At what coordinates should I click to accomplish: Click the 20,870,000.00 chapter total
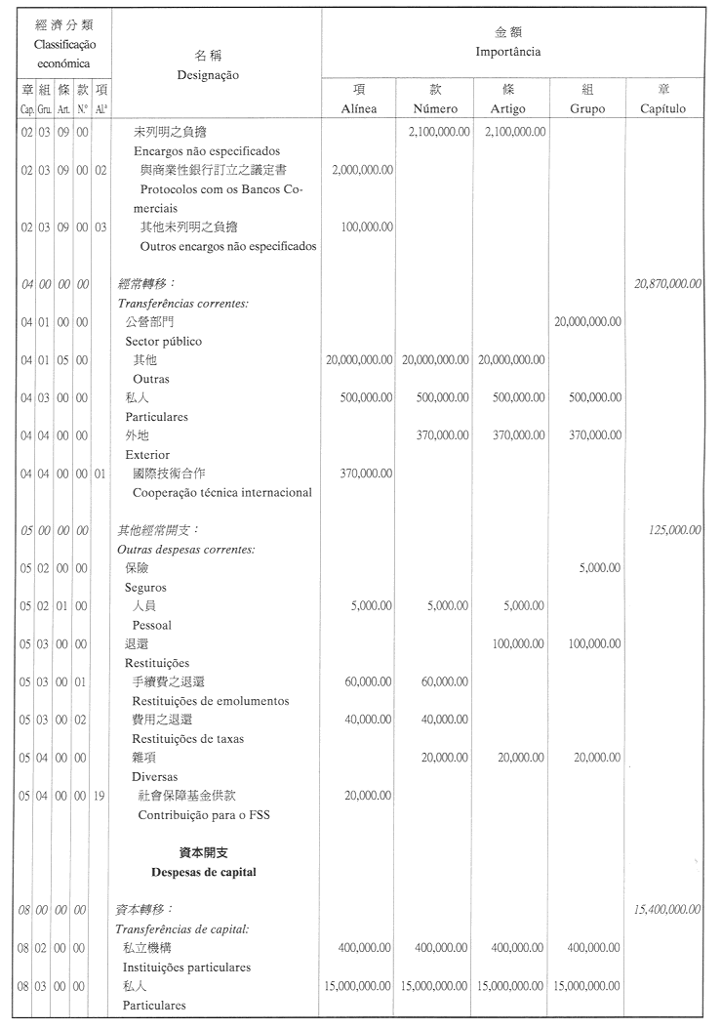coord(667,284)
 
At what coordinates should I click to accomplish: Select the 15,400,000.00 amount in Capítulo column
coord(667,910)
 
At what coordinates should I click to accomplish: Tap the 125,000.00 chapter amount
coord(674,530)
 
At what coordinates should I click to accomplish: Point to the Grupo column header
coord(586,108)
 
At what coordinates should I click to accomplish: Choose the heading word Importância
coord(507,52)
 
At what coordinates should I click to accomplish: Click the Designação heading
coord(208,74)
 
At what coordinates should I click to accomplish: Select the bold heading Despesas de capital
coord(204,872)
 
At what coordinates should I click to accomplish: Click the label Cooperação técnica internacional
coord(221,493)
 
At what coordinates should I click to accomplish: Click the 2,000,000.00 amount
coord(362,170)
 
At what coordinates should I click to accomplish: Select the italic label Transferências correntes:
coord(182,304)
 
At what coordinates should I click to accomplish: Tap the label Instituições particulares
coord(186,968)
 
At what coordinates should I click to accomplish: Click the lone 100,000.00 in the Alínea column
coord(368,227)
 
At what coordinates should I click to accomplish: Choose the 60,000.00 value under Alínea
coord(368,681)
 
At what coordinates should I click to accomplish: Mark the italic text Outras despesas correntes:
coord(185,550)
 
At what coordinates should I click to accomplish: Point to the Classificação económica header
coord(63,45)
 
